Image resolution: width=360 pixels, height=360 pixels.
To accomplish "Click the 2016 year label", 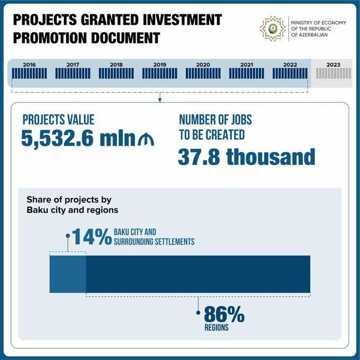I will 29,65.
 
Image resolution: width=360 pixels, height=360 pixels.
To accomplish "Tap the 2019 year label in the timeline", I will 159,65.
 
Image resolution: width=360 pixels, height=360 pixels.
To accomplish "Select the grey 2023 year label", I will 334,65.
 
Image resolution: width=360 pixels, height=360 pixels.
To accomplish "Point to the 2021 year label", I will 246,65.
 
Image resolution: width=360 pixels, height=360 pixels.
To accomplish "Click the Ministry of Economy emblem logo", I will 273,28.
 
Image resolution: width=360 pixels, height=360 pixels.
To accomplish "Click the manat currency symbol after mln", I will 145,140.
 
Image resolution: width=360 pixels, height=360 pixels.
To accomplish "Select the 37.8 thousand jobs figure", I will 246,157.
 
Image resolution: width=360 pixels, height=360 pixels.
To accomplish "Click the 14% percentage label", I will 92,237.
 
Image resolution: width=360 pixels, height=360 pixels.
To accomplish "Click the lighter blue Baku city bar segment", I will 68,274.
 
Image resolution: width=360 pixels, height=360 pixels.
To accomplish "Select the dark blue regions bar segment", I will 198,274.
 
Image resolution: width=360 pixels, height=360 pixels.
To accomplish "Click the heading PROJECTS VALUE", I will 58,120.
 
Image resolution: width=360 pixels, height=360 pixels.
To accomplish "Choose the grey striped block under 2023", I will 334,74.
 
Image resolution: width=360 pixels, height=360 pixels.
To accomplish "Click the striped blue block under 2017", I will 73,74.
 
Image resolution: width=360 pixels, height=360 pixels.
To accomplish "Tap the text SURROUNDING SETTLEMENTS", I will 154,242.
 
